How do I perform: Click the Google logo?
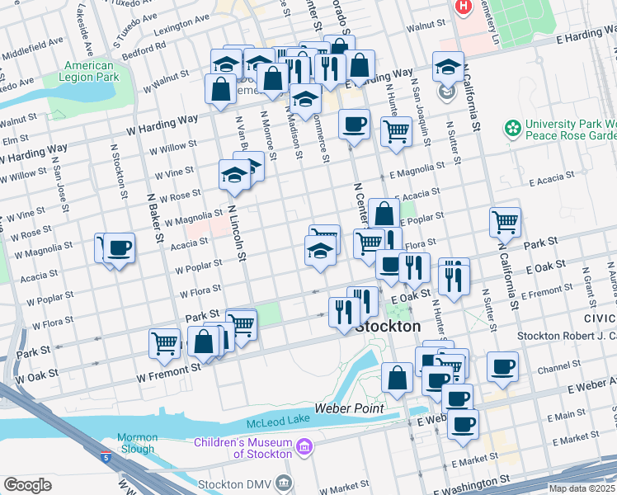27,485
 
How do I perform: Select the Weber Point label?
350,408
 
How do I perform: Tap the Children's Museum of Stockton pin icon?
305,448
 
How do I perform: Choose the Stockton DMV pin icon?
285,481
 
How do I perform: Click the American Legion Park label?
89,71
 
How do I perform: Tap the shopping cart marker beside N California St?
505,221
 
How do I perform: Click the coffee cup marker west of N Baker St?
119,247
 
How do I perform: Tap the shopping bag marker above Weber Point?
397,378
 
